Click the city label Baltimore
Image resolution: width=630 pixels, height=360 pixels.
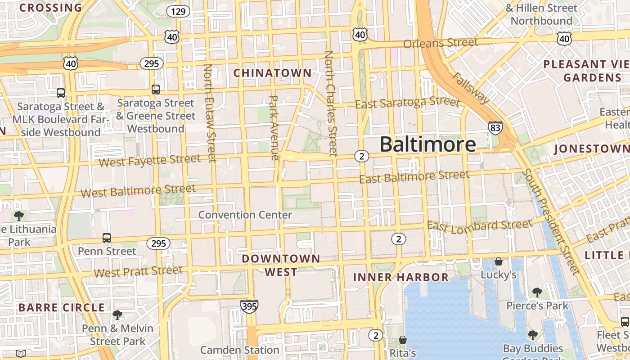427,144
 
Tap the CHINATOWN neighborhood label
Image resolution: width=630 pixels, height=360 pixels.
272,73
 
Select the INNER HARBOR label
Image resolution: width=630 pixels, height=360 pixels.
401,277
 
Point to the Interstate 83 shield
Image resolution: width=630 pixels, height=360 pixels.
495,128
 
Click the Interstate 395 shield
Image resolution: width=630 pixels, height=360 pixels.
249,306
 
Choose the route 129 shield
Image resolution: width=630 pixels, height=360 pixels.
178,11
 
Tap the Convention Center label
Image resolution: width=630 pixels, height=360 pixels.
245,215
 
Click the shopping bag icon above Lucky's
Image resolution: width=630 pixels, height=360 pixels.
498,261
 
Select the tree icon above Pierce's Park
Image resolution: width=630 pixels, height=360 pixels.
537,292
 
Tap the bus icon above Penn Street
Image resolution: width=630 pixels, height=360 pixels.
107,238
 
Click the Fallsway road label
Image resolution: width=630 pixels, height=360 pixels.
470,87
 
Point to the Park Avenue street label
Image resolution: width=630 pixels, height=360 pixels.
274,128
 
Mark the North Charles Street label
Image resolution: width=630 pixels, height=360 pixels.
330,103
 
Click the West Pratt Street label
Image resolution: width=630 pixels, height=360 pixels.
138,272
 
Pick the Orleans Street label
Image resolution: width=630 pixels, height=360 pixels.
441,43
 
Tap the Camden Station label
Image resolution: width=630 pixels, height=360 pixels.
240,350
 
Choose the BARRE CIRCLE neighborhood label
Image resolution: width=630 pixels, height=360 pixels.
62,308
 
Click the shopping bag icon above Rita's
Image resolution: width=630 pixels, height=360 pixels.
403,340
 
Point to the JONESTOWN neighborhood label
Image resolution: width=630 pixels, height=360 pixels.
591,148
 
